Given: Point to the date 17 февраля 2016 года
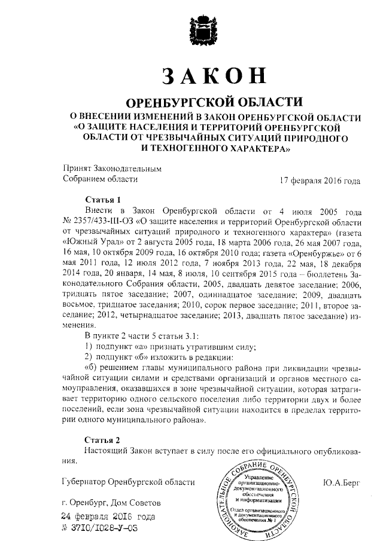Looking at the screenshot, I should [321, 179].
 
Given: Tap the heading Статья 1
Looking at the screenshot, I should [103, 200].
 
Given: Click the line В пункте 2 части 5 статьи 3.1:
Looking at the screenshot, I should [144, 336].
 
